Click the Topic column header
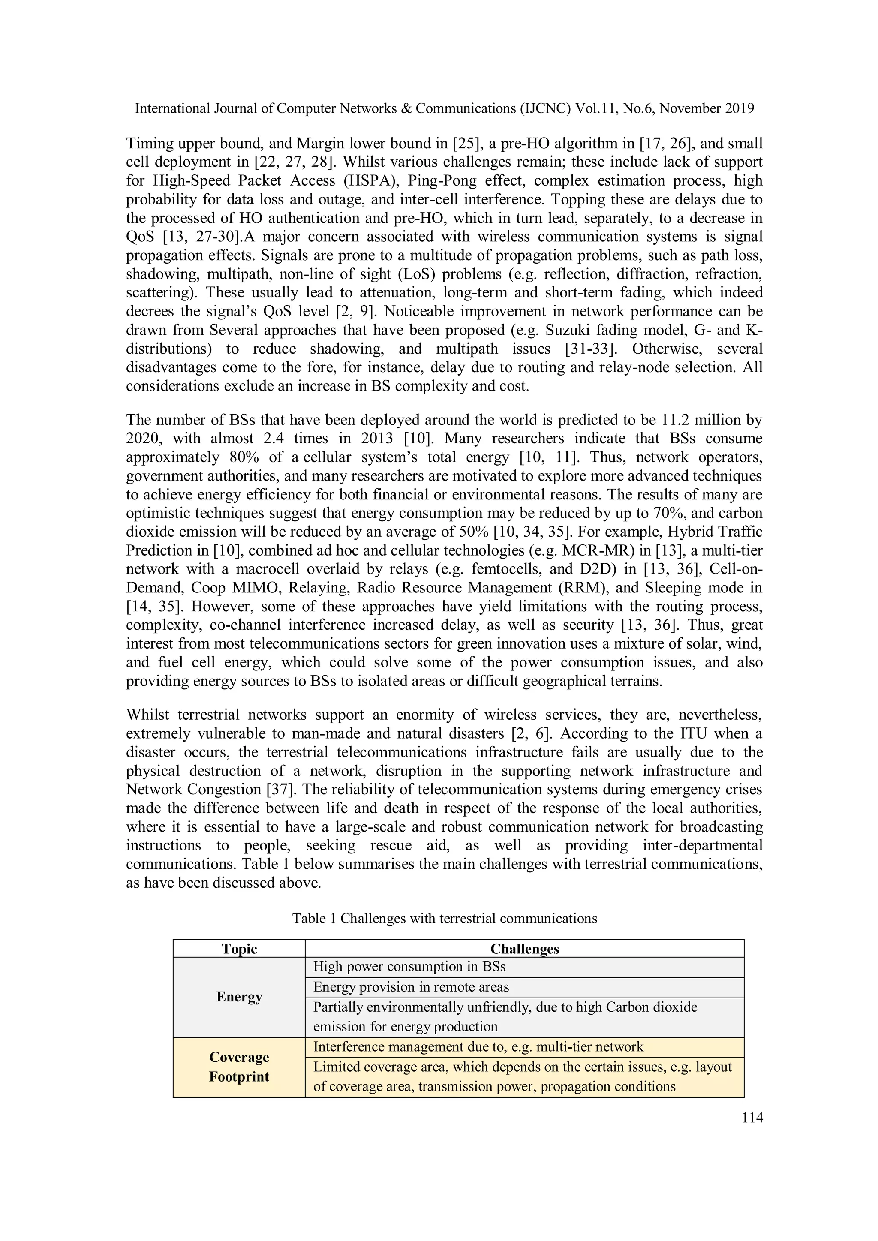pyautogui.click(x=239, y=949)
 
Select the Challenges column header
pyautogui.click(x=524, y=949)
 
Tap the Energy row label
pyautogui.click(x=239, y=997)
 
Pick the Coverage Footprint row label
pyautogui.click(x=239, y=1067)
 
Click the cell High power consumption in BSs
pyautogui.click(x=409, y=966)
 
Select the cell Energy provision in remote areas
pyautogui.click(x=411, y=987)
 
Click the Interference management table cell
pyautogui.click(x=478, y=1046)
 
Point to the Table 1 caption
pyautogui.click(x=445, y=918)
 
